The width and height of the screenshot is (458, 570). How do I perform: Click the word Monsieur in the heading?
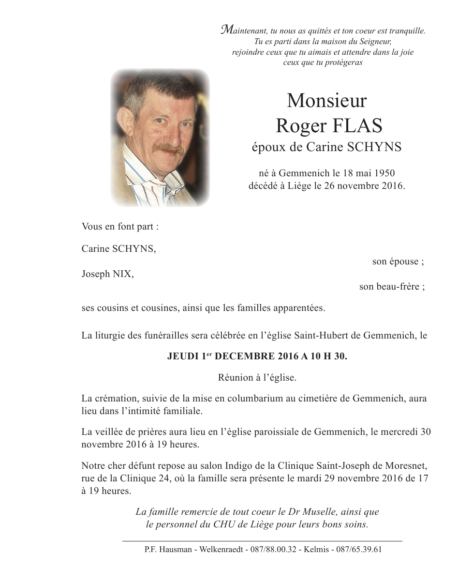[x=326, y=101]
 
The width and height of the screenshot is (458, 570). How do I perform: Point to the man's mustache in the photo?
[x=167, y=147]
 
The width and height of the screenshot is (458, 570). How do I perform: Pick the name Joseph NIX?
[x=107, y=274]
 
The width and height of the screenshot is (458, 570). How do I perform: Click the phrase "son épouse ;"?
[x=398, y=262]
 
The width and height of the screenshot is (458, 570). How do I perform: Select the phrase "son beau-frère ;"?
[x=392, y=287]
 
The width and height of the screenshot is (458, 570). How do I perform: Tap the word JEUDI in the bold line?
[x=182, y=356]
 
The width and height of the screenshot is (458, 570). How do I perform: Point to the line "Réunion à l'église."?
[x=256, y=378]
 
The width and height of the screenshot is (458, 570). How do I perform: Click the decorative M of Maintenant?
[x=226, y=30]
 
